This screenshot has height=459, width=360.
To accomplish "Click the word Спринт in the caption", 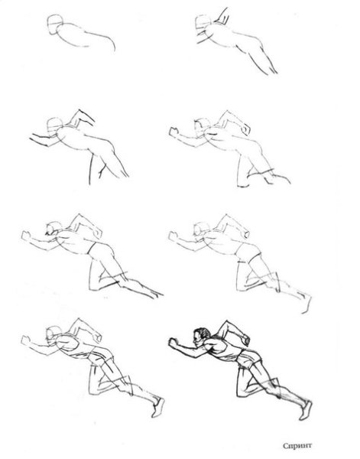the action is click(x=297, y=446).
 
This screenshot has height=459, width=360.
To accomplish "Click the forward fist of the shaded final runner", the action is click(x=174, y=342).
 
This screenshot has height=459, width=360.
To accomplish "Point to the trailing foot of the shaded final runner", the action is click(x=306, y=410).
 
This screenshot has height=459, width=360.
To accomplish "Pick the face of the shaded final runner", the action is click(x=197, y=340).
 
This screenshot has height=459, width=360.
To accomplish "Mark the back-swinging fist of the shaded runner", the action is click(x=245, y=340).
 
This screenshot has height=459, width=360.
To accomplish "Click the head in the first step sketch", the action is click(x=55, y=24).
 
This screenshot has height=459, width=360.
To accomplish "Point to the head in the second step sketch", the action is click(x=203, y=24).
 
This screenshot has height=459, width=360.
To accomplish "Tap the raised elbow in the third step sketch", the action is click(x=79, y=112).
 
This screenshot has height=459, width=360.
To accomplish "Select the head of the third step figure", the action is click(x=54, y=126).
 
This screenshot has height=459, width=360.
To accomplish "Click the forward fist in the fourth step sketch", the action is click(x=174, y=132).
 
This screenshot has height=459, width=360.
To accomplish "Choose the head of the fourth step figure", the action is click(x=203, y=127).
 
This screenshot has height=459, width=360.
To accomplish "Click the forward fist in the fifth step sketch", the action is click(x=26, y=236).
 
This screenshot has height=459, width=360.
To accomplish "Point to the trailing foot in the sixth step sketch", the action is click(x=306, y=303).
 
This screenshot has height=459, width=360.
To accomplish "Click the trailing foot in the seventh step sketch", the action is click(x=158, y=407).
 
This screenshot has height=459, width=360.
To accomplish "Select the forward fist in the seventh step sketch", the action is click(x=25, y=340).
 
